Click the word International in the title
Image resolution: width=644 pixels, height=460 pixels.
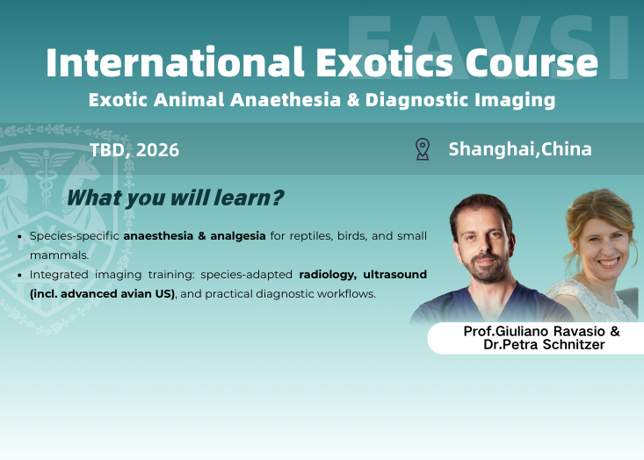click(x=170, y=63)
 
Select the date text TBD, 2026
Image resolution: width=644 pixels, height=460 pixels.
click(x=134, y=150)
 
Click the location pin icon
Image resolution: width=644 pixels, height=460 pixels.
click(x=422, y=149)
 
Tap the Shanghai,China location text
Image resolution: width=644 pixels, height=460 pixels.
click(x=520, y=149)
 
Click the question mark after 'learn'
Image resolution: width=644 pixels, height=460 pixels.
click(x=278, y=198)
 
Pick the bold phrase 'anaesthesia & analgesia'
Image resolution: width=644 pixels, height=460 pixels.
click(x=194, y=237)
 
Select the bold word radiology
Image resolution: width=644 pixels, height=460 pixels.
click(x=327, y=275)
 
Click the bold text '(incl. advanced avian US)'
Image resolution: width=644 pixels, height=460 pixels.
click(x=102, y=293)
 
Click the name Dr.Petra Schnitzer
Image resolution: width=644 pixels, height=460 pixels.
click(x=546, y=346)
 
